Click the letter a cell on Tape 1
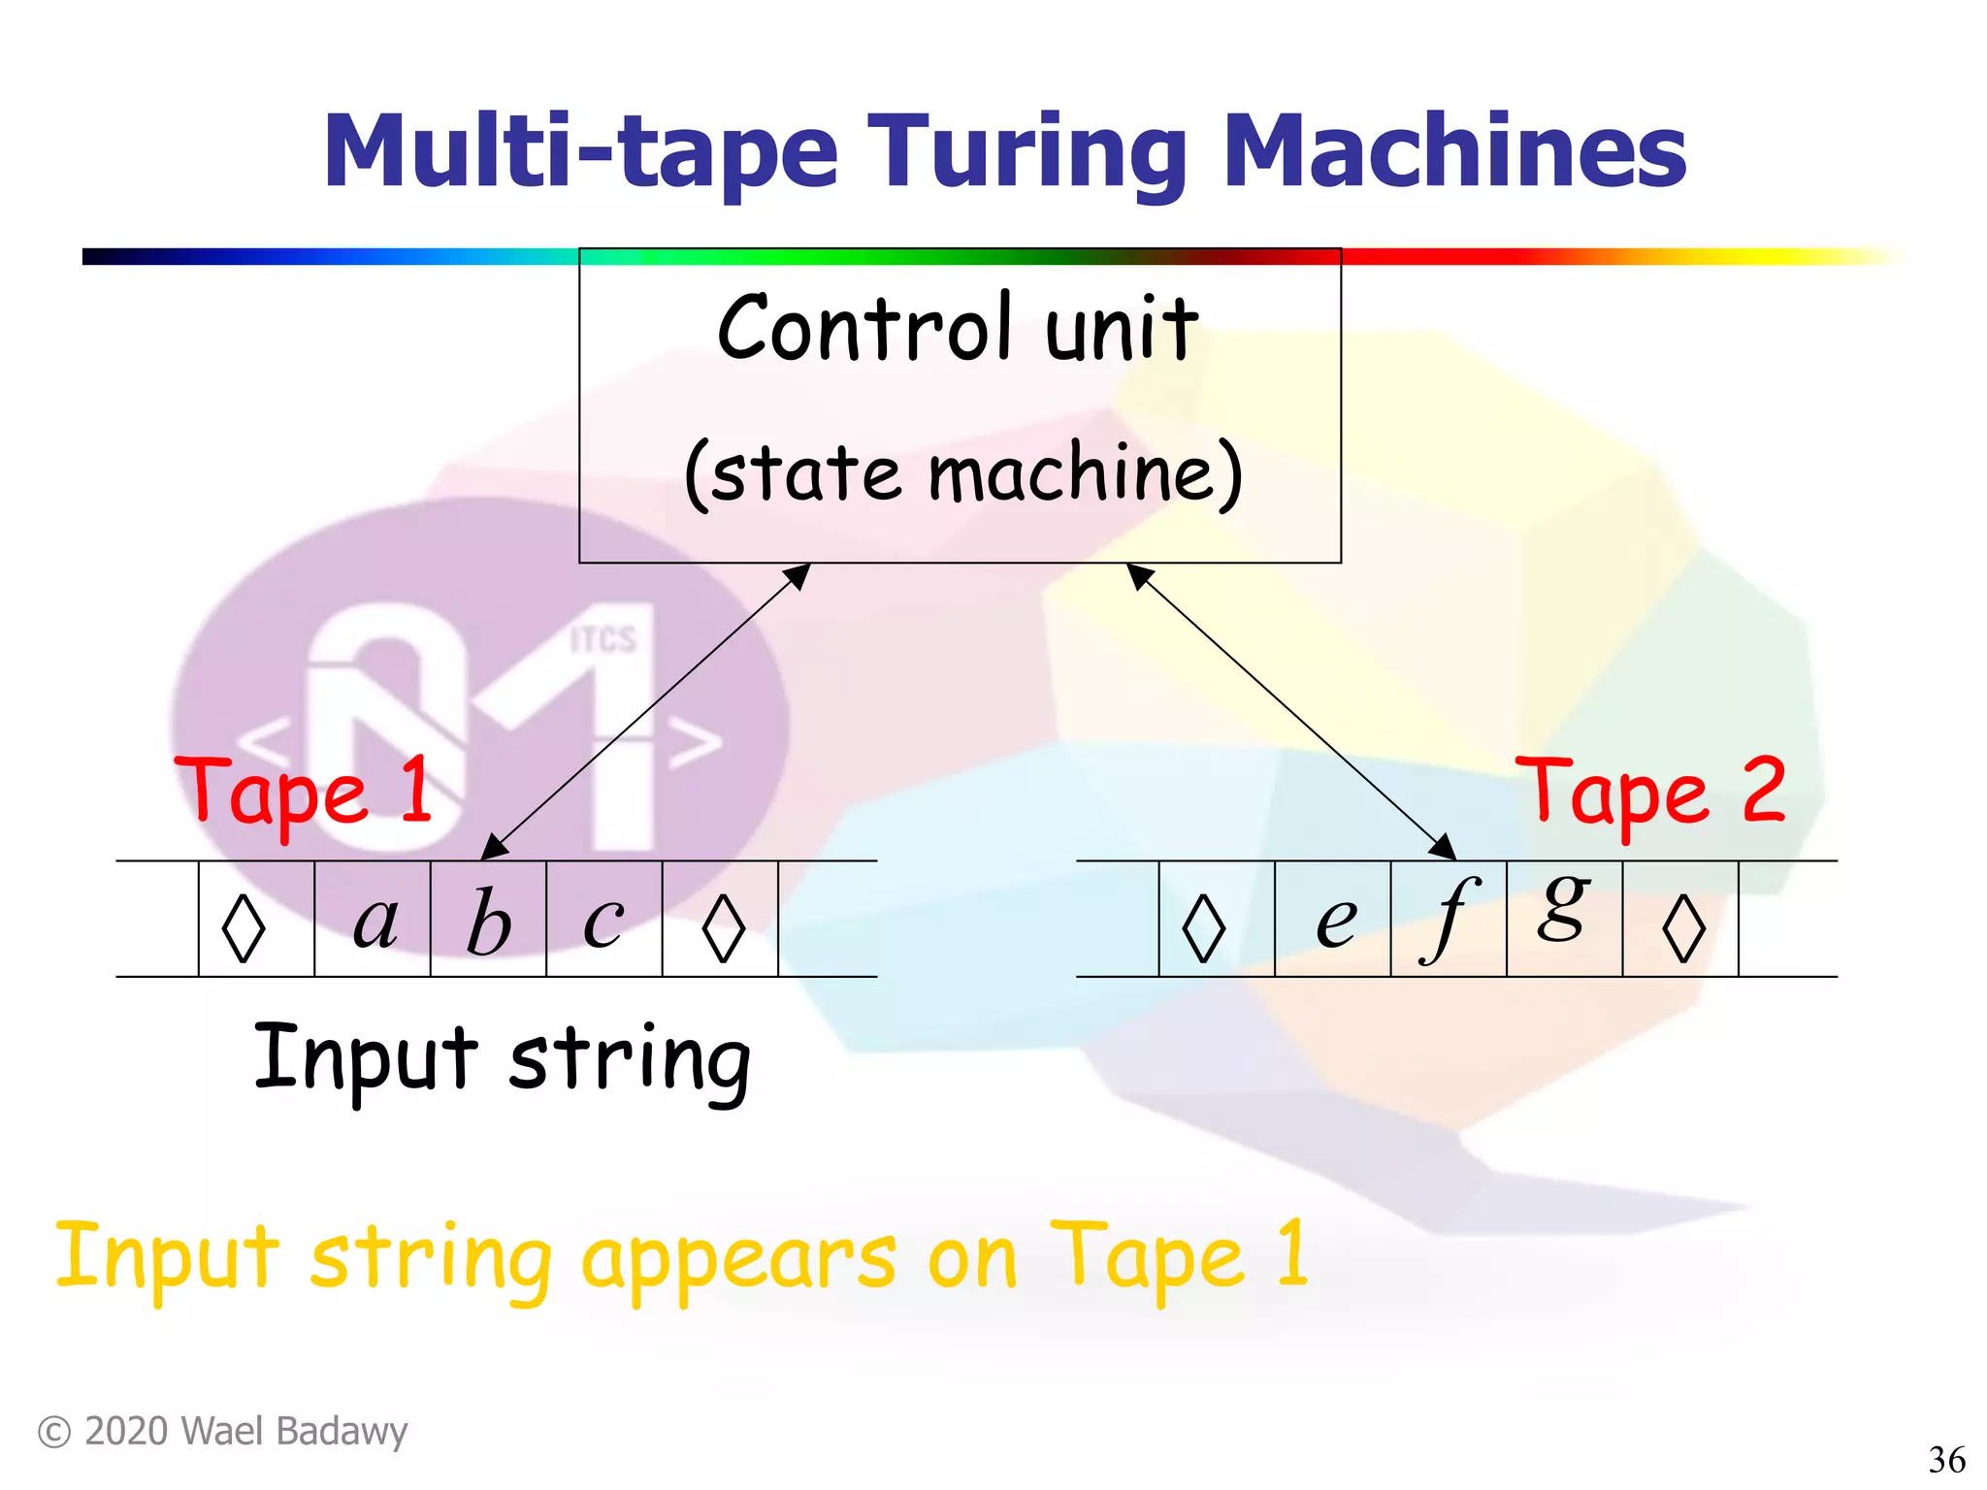point(374,920)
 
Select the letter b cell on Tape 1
point(488,920)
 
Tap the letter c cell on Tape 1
point(603,920)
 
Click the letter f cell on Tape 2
point(1448,918)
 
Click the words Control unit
point(958,330)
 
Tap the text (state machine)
point(962,473)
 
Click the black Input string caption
point(502,1059)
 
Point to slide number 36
point(1946,1459)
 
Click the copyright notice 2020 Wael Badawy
point(223,1432)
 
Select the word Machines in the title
point(1454,152)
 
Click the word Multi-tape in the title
point(580,152)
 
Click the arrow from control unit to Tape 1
point(645,711)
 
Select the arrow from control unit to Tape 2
point(1290,711)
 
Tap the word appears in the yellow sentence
point(738,1260)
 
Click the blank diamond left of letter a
point(244,927)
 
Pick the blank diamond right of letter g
point(1683,927)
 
